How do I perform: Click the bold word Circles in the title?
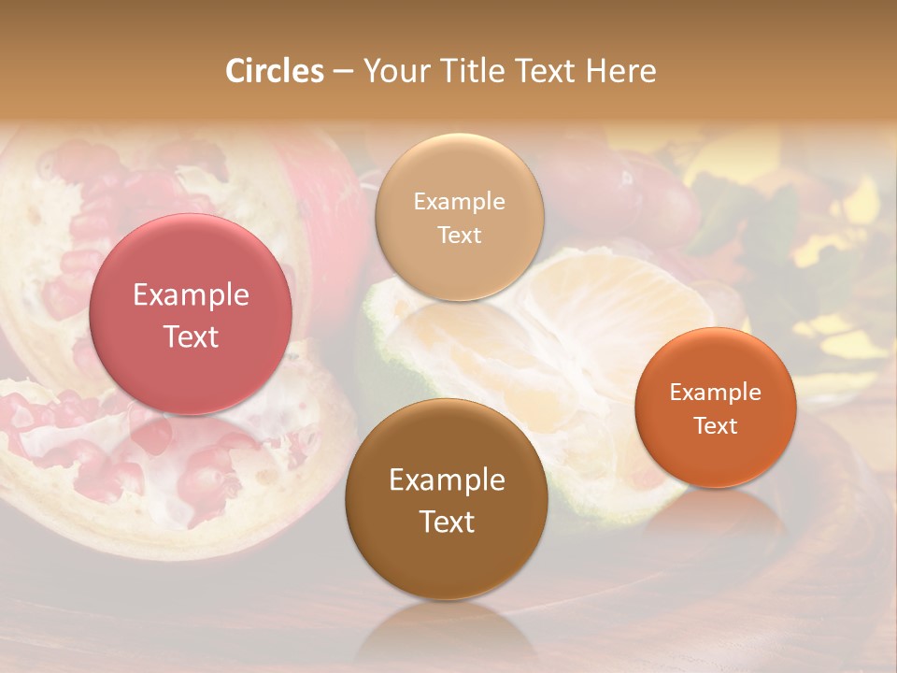coord(274,71)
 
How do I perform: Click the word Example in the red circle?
coord(191,295)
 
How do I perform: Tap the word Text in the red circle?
coord(191,337)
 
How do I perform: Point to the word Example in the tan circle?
coord(459,202)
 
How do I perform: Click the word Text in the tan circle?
coord(459,236)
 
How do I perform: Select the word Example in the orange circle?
coord(716,393)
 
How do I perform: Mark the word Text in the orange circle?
coord(716,426)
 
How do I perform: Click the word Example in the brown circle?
coord(447,480)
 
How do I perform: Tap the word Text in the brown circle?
coord(447,523)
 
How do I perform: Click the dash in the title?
coord(343,72)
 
